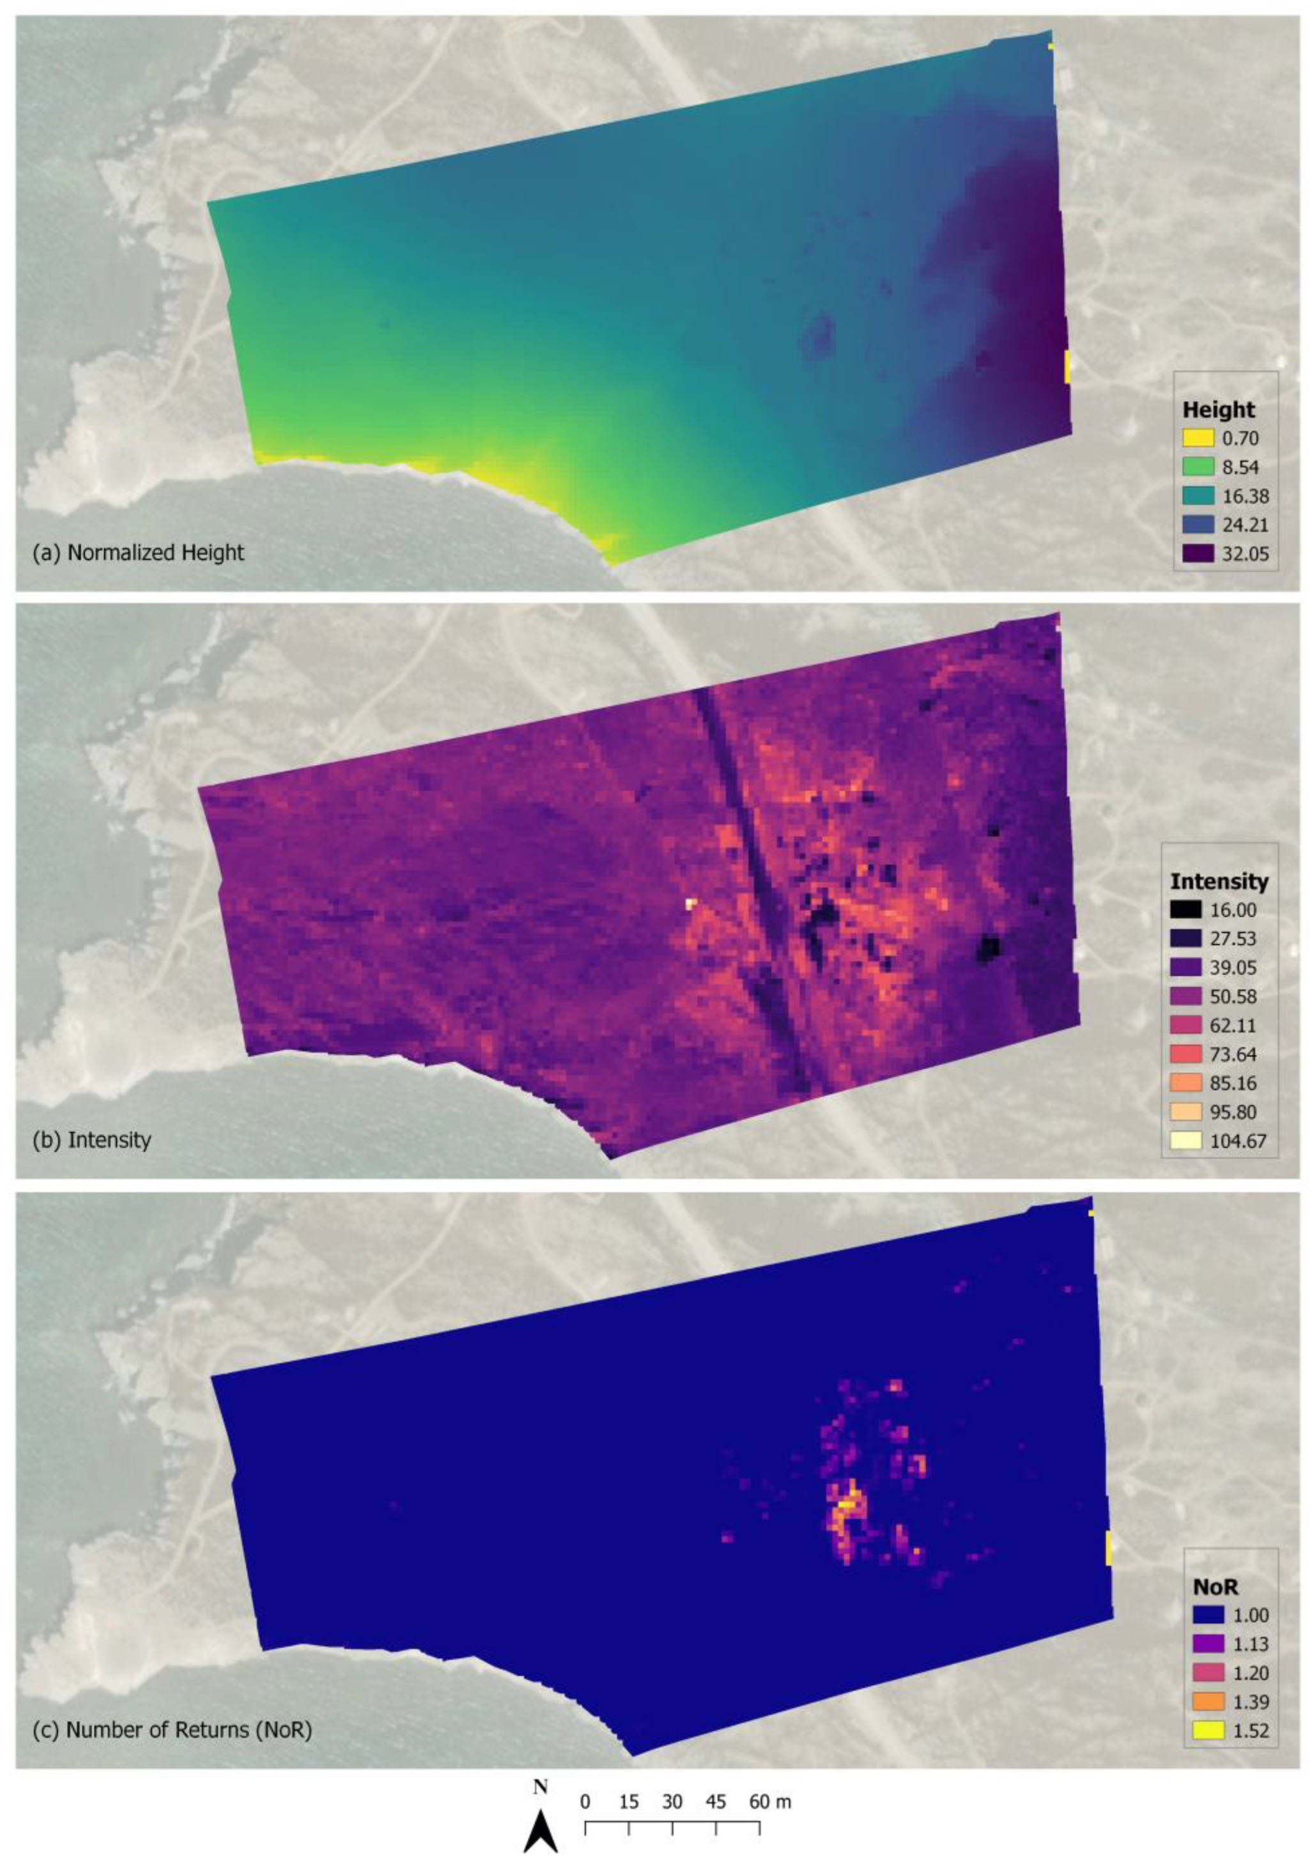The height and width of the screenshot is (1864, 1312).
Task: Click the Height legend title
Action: click(1219, 409)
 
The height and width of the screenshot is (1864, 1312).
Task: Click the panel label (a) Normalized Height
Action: click(138, 553)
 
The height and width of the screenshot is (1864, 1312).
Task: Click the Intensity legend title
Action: click(1219, 881)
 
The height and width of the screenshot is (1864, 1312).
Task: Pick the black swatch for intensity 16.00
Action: click(1186, 910)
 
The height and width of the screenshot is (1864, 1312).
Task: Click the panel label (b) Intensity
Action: click(92, 1140)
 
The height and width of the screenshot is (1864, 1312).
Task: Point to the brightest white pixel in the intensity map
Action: click(691, 903)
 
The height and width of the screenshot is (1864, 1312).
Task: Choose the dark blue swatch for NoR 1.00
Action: click(1209, 1615)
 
